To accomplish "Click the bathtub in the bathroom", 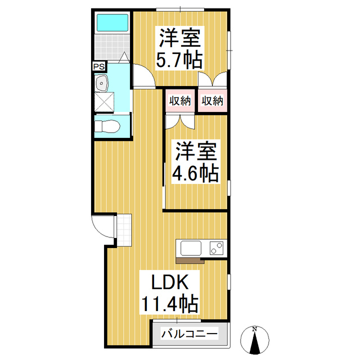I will (112, 23).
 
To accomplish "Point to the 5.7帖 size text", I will (180, 60).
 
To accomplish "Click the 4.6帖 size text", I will (195, 174).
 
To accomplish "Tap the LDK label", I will (168, 282).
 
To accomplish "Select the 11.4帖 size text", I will (169, 304).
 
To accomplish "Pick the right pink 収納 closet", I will (213, 101).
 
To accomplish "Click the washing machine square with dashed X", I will (104, 103).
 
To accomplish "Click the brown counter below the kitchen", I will (190, 260).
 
